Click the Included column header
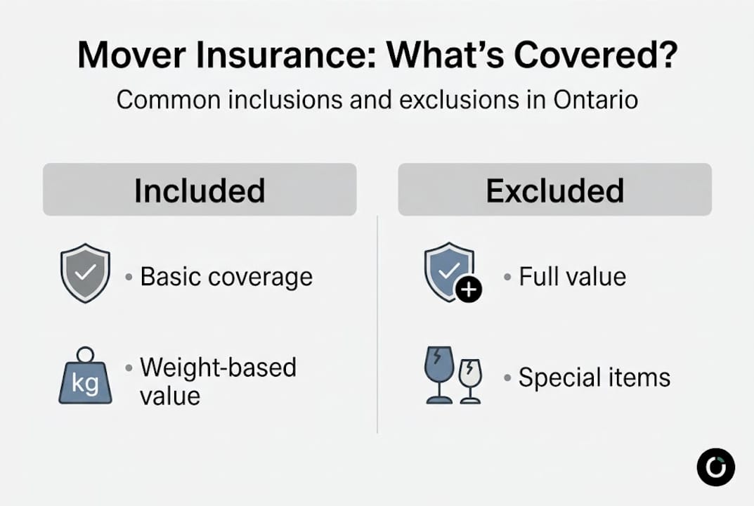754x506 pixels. click(200, 190)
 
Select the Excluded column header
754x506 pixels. click(554, 190)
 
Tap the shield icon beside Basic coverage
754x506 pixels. click(85, 273)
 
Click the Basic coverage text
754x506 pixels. click(226, 277)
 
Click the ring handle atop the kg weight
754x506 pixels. click(85, 354)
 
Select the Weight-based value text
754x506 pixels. click(218, 381)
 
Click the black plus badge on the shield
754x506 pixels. click(469, 290)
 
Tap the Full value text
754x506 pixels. click(572, 277)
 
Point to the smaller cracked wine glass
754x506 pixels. click(470, 380)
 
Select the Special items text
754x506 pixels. click(594, 378)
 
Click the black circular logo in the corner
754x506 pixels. click(715, 467)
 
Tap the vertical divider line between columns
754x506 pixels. click(377, 323)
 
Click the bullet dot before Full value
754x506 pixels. click(507, 277)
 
